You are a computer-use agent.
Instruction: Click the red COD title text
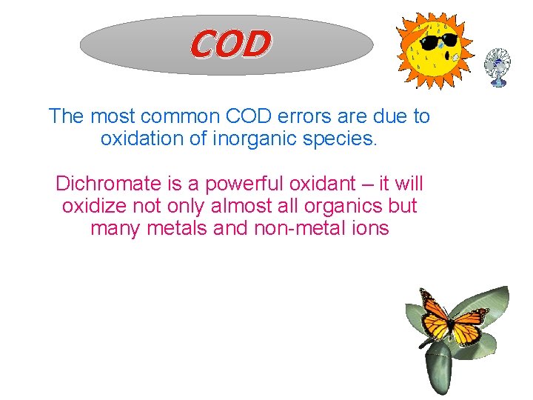coord(230,44)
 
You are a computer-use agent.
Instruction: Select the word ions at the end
coord(369,227)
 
